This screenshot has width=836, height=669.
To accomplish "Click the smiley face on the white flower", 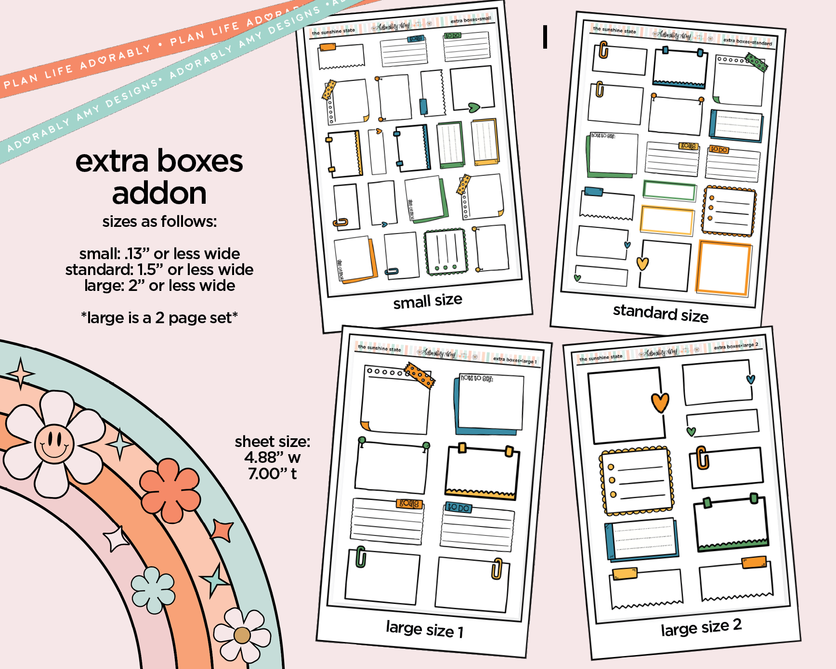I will pos(54,443).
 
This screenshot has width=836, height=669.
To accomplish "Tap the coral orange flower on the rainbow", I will pos(170,489).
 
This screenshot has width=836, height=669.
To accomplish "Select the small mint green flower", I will pos(153,590).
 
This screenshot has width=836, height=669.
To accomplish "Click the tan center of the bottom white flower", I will pos(242,635).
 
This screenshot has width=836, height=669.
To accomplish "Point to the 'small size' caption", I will pos(428,301).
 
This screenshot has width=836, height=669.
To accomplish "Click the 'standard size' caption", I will pos(660,313).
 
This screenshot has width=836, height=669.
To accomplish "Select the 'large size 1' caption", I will pos(424,629).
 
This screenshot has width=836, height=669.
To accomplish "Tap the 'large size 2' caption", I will pos(701,628).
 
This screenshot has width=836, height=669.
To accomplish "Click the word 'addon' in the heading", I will pos(159,194).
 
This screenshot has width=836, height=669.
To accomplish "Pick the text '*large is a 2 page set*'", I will pos(159,318).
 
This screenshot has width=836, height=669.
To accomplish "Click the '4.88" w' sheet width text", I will pos(272,457).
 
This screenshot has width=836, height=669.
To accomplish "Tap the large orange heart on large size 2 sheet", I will pos(660,402).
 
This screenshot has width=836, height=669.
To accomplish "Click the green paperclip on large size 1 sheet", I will pos(361,557).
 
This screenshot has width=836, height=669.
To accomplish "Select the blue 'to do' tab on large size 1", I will pos(457,508).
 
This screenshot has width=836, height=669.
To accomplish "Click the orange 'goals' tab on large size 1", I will pos(409,503).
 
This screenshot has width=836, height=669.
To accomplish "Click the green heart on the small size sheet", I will pos(474,107).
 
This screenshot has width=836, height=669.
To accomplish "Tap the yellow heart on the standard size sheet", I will pos(642,263).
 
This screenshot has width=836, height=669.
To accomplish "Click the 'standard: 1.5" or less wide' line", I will pos(159,270).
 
